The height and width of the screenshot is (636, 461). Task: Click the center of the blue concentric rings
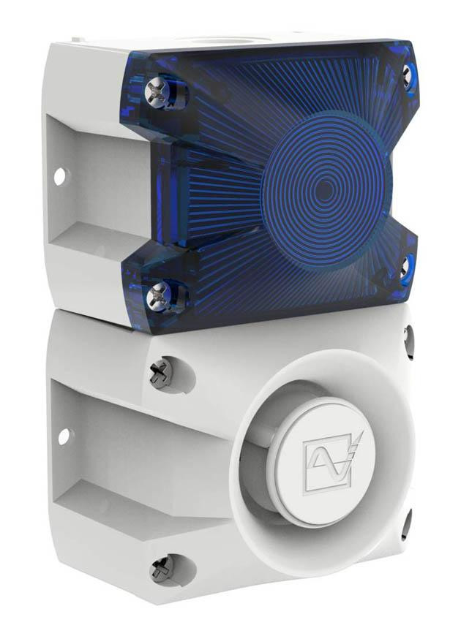(x=325, y=192)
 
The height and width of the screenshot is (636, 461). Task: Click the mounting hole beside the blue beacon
(x=60, y=176)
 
